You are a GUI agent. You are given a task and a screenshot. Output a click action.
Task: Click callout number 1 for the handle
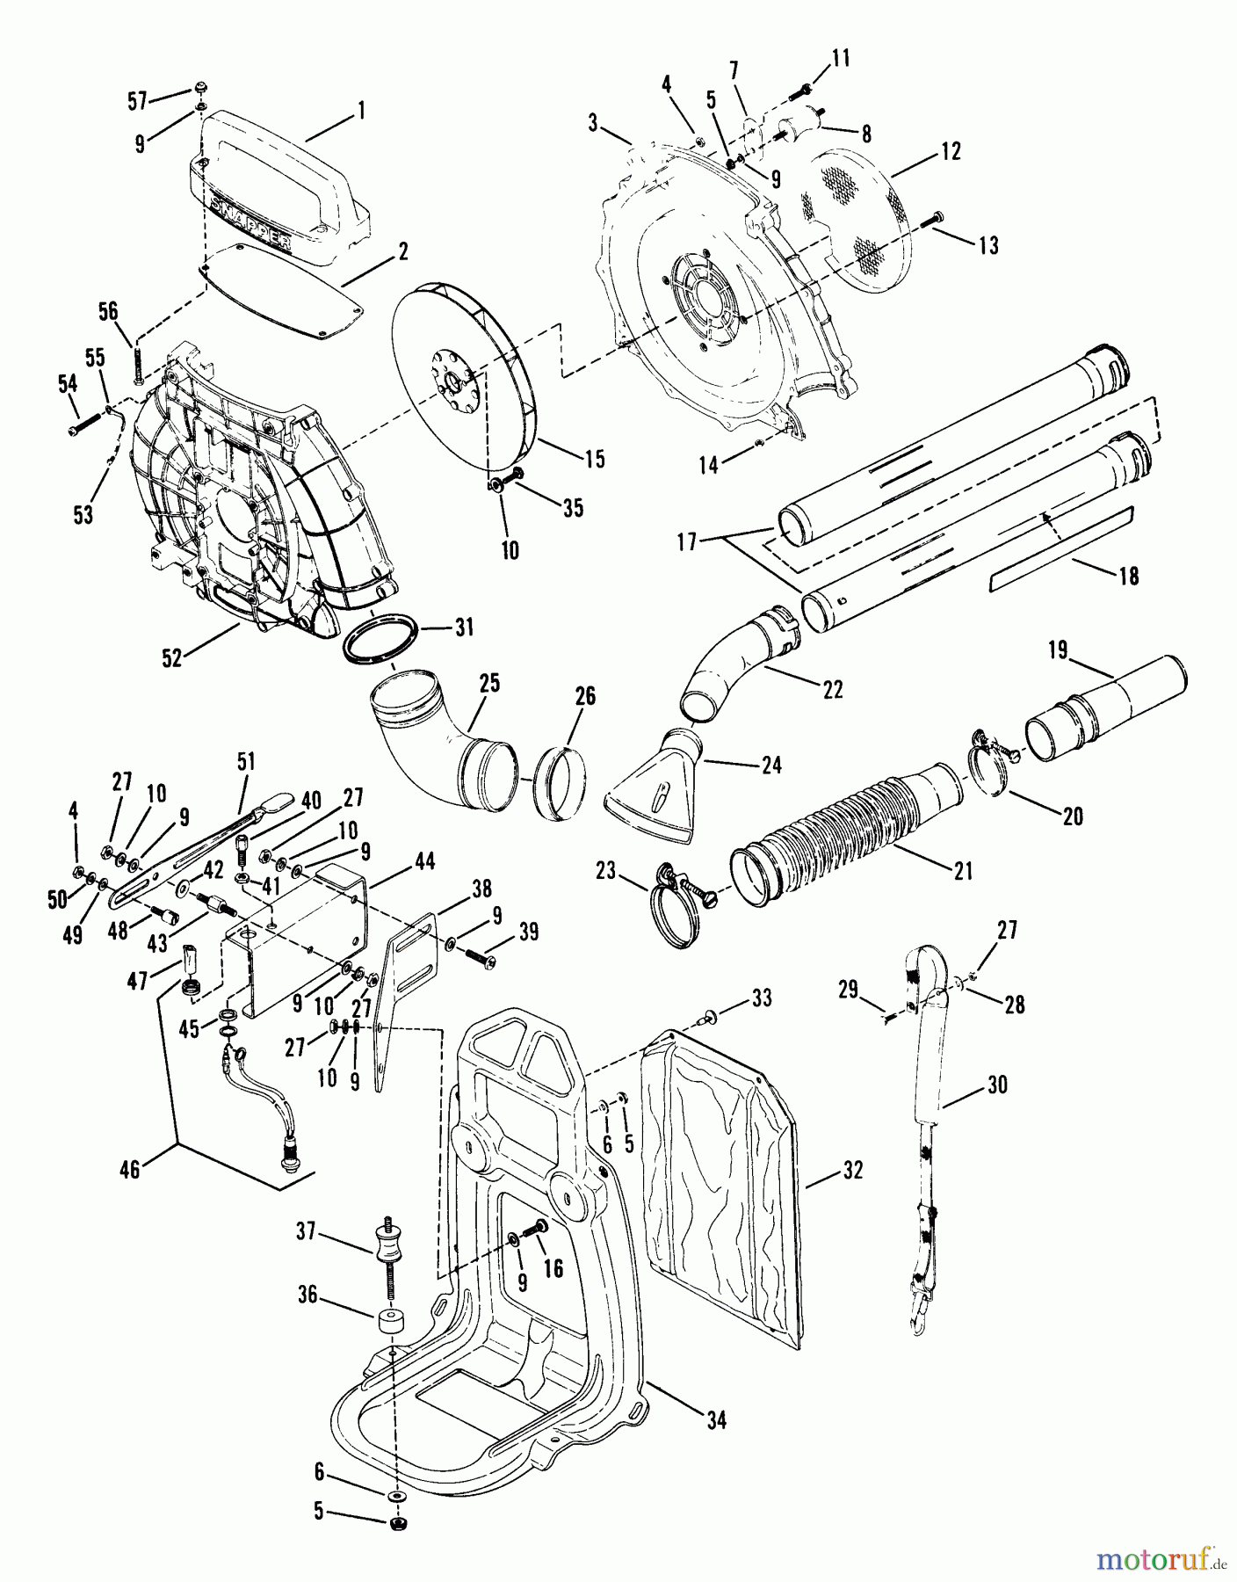pos(361,112)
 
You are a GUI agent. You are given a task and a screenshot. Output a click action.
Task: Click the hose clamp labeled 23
pos(681,905)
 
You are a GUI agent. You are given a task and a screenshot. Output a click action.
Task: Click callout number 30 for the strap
pos(996,1085)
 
